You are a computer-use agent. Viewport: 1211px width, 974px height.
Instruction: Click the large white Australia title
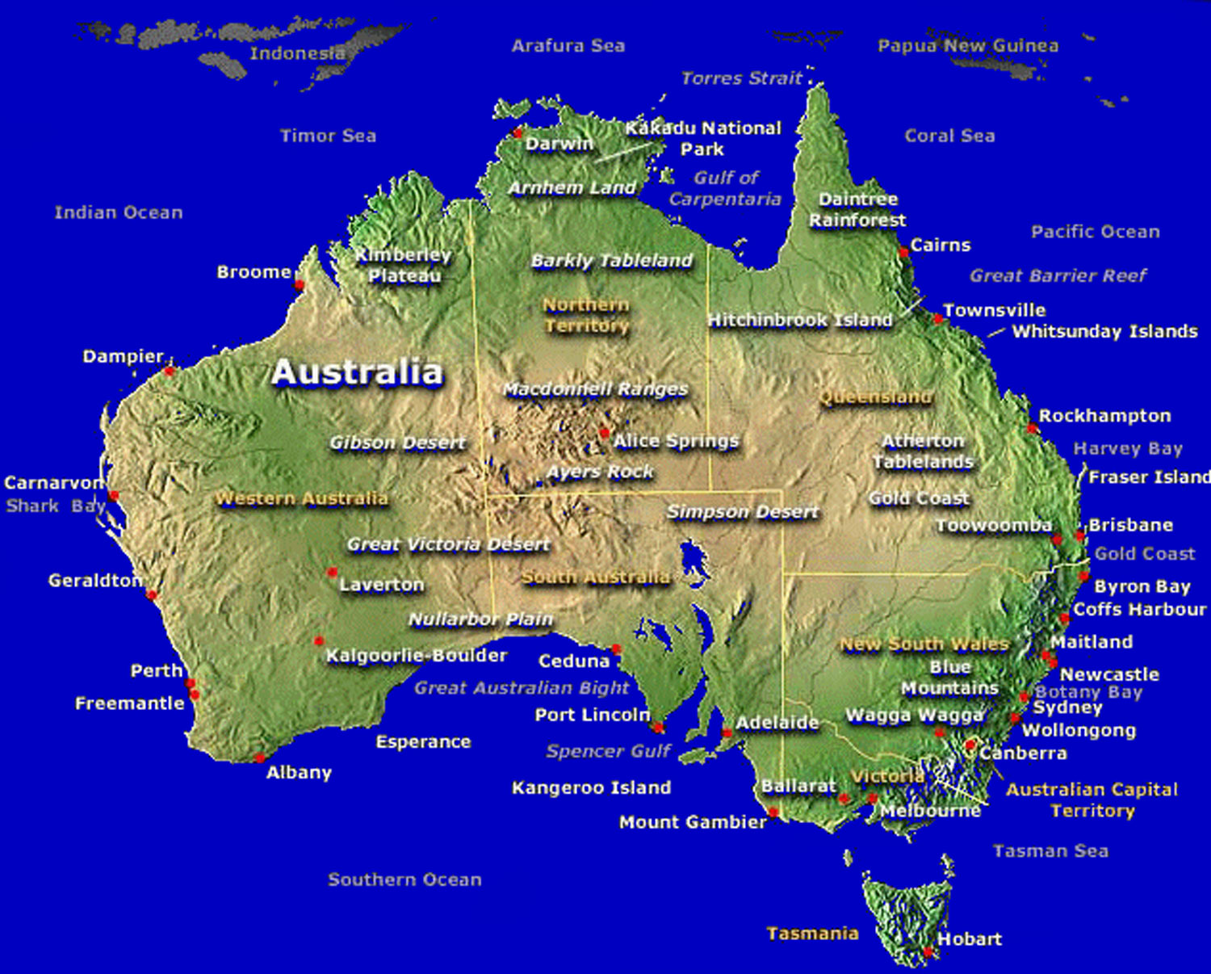[357, 372]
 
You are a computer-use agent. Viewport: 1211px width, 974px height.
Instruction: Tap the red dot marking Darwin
[518, 132]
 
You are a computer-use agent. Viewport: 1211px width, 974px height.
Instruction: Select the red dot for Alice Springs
[604, 434]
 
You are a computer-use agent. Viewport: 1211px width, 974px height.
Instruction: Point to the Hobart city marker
[928, 953]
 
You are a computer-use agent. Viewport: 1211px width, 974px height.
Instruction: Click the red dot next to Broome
[299, 285]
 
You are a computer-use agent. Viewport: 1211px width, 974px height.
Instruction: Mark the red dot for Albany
[259, 758]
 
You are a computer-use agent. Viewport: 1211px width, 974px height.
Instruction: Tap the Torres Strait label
[741, 78]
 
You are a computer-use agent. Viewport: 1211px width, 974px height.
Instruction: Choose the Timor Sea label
[328, 136]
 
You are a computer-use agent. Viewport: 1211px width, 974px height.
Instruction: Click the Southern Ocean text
[404, 880]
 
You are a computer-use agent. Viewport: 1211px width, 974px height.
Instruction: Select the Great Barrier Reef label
[1058, 276]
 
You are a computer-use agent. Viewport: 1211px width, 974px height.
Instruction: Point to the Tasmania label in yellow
[812, 934]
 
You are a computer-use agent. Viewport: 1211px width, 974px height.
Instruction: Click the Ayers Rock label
[600, 472]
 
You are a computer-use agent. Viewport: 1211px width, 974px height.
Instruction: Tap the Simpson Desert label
[742, 512]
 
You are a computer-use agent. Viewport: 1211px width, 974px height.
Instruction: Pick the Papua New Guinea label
[967, 46]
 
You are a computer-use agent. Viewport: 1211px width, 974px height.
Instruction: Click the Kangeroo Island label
[591, 787]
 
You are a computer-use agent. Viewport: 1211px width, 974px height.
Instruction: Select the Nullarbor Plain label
[480, 619]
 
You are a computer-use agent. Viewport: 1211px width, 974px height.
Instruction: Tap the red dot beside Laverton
[332, 573]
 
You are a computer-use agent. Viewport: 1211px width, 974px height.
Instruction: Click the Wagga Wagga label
[914, 716]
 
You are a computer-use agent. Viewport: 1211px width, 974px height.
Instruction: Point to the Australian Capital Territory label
[1092, 800]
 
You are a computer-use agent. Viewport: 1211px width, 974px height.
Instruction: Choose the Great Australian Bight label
[521, 688]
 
